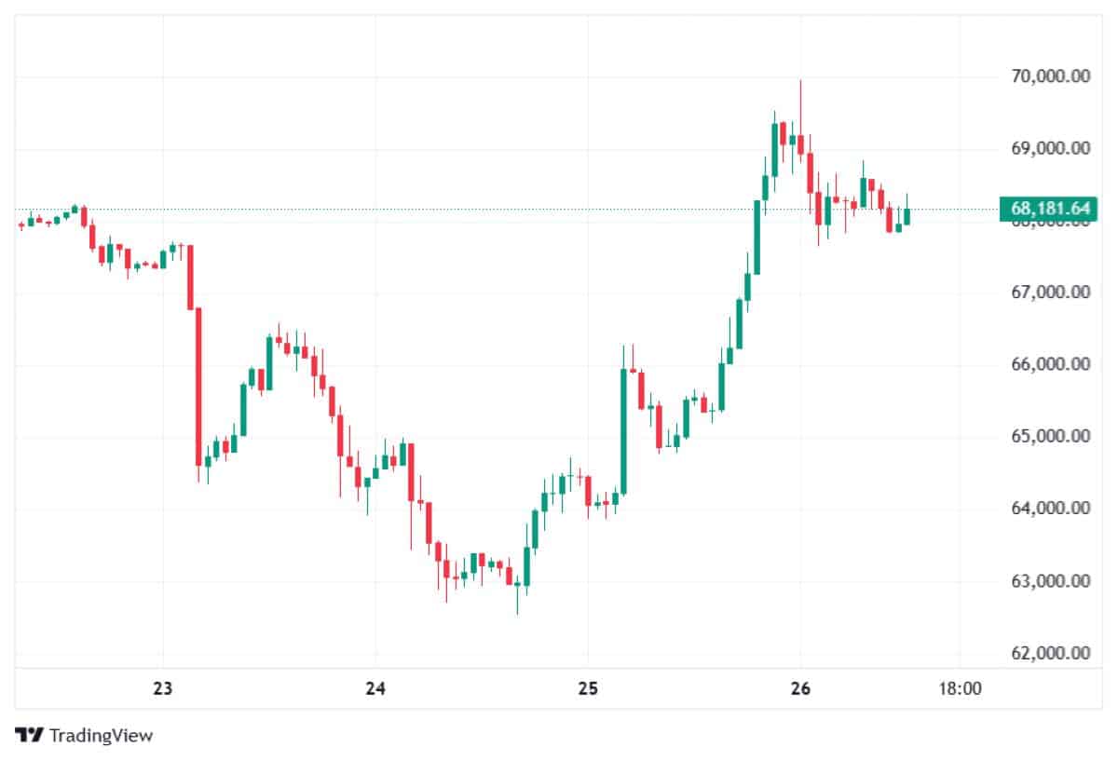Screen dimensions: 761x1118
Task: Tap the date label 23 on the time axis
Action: click(163, 690)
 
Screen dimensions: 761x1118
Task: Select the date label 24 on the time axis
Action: click(375, 690)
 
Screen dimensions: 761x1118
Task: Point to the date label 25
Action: click(587, 690)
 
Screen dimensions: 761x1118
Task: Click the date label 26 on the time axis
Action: click(799, 690)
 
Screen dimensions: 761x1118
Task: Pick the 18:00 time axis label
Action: click(960, 690)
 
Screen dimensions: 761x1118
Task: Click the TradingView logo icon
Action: click(29, 735)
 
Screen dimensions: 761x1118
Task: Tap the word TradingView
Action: click(101, 735)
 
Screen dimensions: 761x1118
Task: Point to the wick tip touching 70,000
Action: click(800, 81)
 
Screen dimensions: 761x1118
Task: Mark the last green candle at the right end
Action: click(906, 215)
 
